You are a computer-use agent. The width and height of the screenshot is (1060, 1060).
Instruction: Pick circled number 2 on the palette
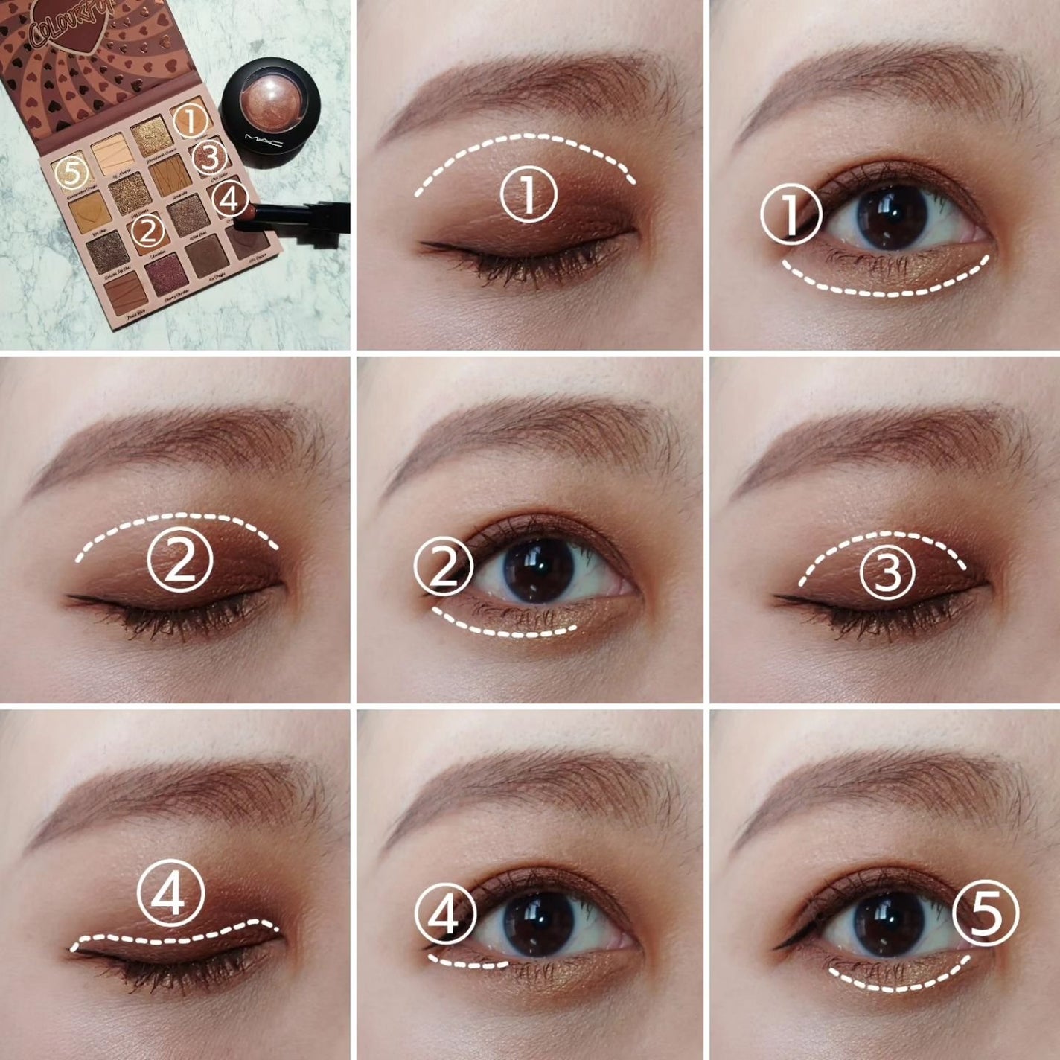(x=149, y=230)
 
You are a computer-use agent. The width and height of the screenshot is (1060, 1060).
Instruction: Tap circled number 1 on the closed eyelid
(x=529, y=193)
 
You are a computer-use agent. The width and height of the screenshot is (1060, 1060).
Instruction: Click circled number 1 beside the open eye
(x=791, y=214)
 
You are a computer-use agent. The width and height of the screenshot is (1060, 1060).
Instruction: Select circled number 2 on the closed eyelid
(x=180, y=560)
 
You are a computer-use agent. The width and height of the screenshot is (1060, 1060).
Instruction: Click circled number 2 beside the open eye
(x=444, y=567)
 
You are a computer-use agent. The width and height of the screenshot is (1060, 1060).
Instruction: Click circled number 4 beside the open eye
(x=446, y=915)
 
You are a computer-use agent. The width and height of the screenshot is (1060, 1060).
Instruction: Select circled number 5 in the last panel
(x=986, y=914)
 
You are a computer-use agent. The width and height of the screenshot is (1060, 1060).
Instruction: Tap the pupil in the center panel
(x=539, y=569)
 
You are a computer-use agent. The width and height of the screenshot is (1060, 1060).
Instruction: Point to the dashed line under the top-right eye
(x=886, y=287)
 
